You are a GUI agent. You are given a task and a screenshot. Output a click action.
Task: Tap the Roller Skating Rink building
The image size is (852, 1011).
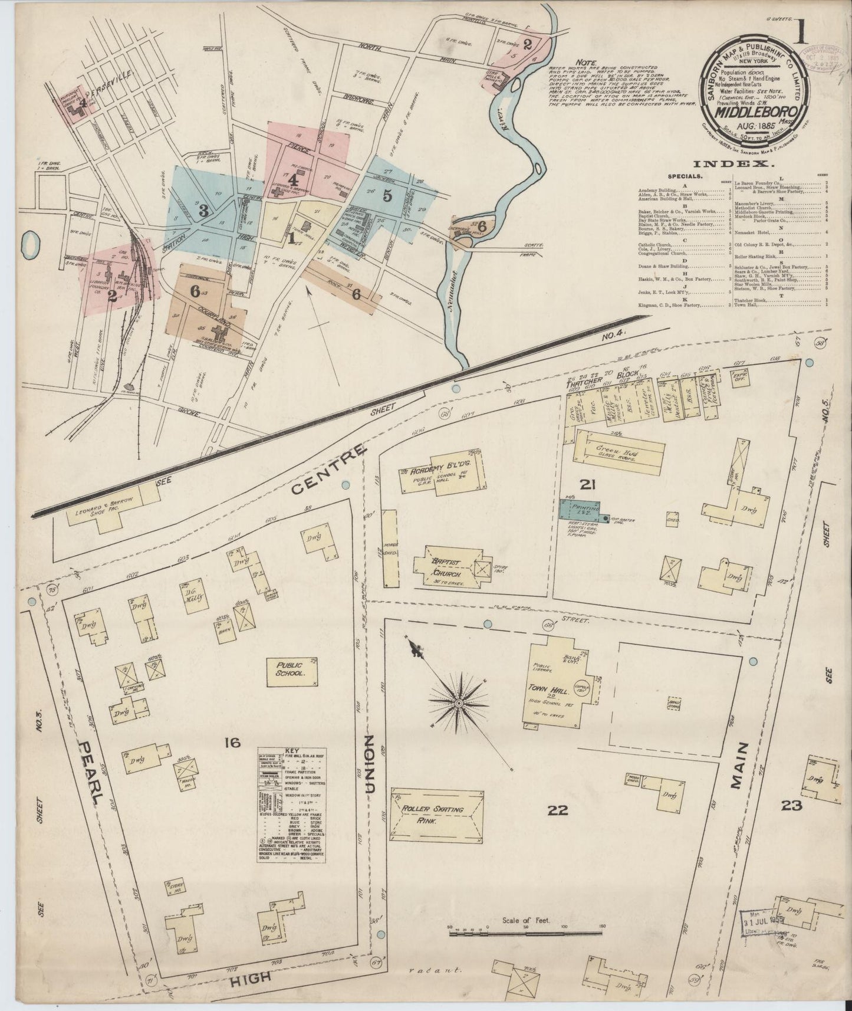(437, 815)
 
